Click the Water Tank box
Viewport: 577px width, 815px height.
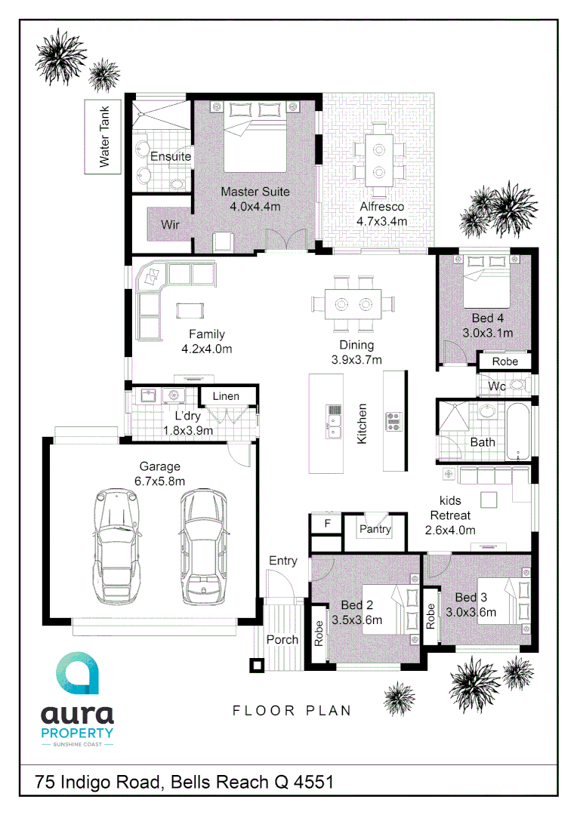(x=104, y=137)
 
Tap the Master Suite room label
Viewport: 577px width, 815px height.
(x=255, y=192)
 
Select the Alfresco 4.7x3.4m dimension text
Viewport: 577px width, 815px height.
(x=381, y=221)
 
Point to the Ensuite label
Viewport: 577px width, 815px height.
(x=170, y=157)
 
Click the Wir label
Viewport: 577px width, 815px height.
(x=170, y=225)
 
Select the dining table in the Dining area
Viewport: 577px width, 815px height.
(x=353, y=304)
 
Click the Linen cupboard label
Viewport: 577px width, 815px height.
(x=225, y=396)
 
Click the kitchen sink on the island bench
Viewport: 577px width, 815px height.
(x=334, y=421)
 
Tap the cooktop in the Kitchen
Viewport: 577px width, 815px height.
(x=394, y=421)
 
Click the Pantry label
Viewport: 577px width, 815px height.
(x=375, y=529)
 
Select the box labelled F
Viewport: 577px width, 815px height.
(x=327, y=523)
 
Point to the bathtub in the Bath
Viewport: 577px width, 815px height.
(x=519, y=432)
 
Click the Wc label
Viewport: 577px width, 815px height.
(x=497, y=386)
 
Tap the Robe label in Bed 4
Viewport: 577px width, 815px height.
(x=504, y=361)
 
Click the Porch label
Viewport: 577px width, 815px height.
(x=282, y=639)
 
